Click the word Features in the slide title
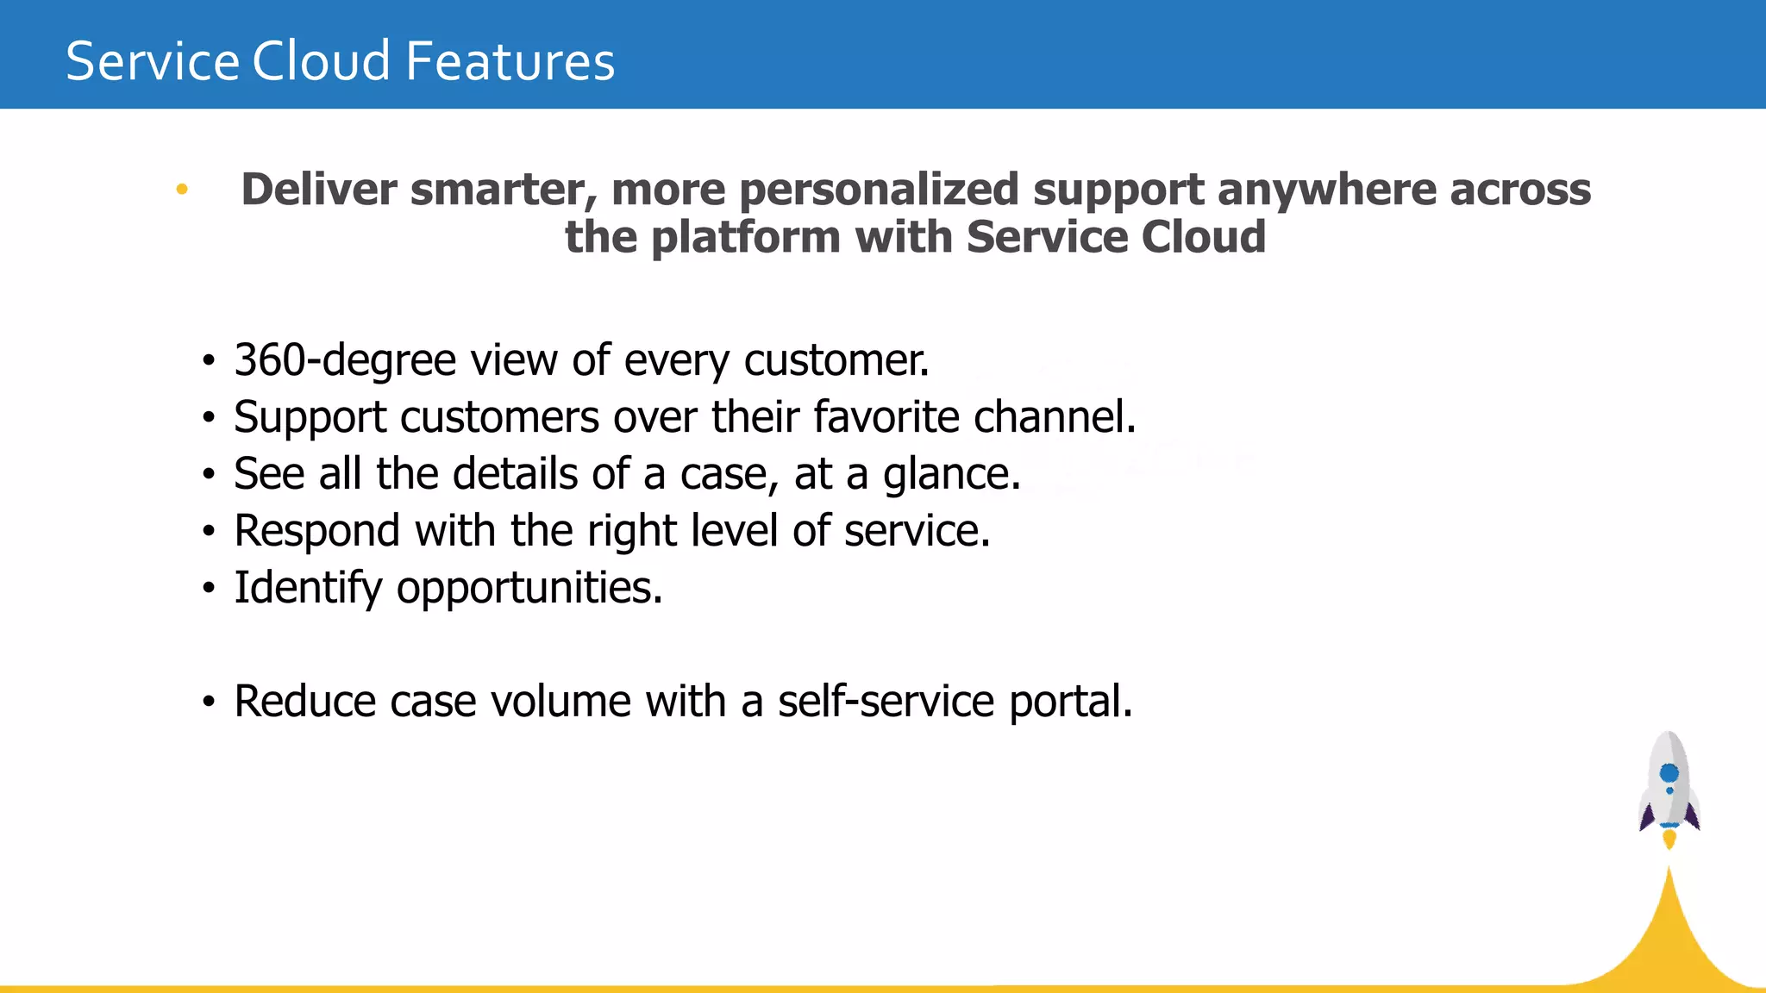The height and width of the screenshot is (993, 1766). pos(510,62)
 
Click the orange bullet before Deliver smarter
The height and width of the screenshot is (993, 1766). pos(182,189)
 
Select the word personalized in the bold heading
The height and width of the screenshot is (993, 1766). pos(879,190)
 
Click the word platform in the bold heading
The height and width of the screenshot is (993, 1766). pos(746,238)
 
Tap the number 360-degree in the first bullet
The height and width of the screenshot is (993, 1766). pos(344,360)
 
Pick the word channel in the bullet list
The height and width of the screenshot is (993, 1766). pos(1054,417)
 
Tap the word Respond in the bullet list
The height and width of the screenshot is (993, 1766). pos(316,531)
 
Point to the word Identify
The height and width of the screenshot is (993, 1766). pos(308,588)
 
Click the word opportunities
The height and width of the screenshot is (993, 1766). pos(529,588)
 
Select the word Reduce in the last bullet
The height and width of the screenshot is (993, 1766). pos(305,702)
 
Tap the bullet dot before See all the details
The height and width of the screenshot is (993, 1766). pos(209,474)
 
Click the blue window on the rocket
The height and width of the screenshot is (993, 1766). pos(1669,772)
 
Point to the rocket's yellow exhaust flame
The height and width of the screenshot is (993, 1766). pos(1669,839)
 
